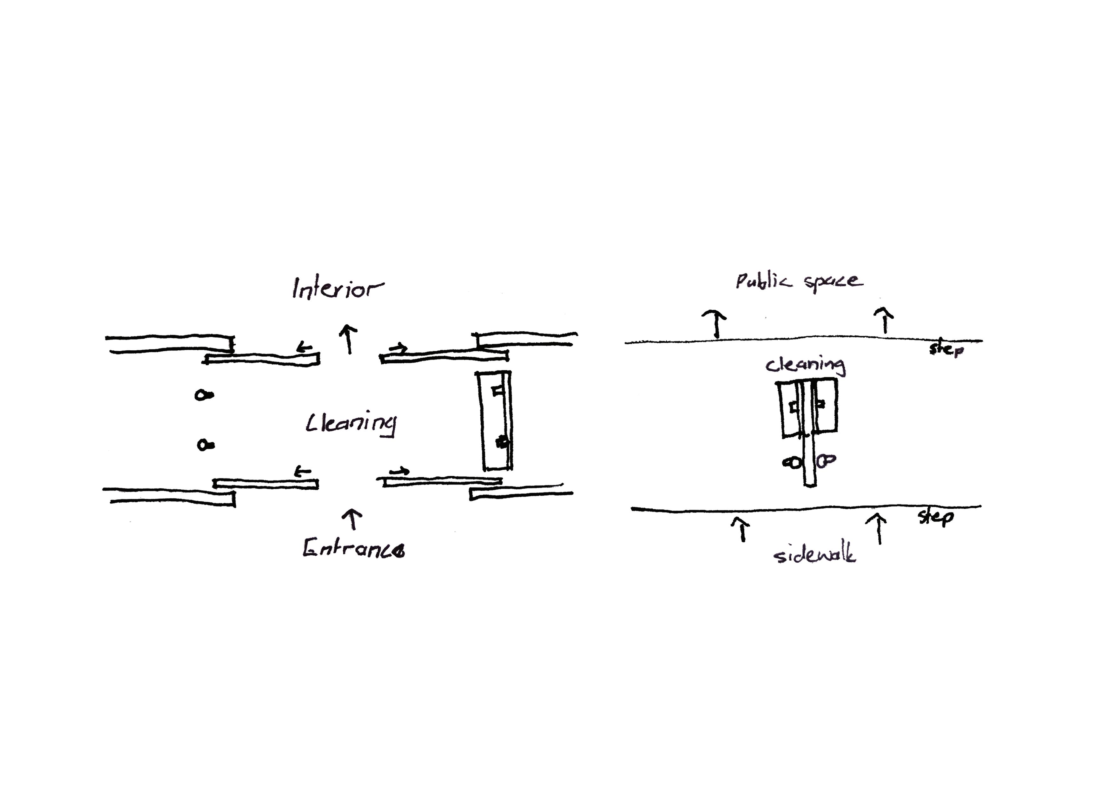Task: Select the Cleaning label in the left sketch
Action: point(351,423)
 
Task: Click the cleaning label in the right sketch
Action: point(805,365)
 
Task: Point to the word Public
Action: point(763,281)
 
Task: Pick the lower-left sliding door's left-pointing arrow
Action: point(303,471)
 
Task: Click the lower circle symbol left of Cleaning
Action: point(205,445)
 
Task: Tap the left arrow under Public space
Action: point(715,324)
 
